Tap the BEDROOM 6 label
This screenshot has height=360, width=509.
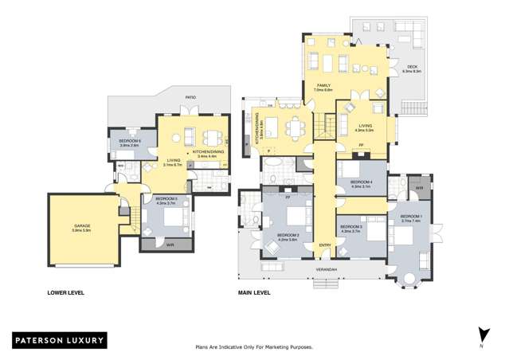(x=129, y=142)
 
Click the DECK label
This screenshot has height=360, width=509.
(x=412, y=68)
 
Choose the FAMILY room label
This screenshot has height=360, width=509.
(x=323, y=85)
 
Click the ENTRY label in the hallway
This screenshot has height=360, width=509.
(x=325, y=245)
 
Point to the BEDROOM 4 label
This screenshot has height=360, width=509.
(x=362, y=183)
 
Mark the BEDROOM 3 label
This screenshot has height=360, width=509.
(x=351, y=228)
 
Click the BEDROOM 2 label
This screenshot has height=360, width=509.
(x=288, y=236)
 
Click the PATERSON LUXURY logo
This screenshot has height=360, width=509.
(x=59, y=340)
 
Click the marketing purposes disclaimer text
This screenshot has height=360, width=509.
(x=254, y=347)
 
